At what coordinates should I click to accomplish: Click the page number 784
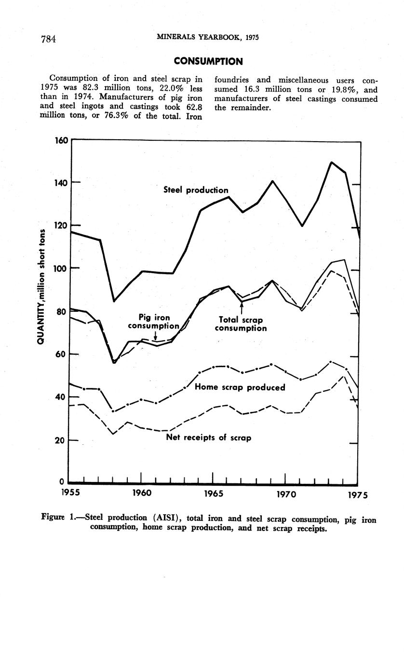[x=48, y=39]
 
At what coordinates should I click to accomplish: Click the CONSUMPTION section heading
[x=208, y=61]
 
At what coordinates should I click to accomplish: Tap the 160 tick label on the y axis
[x=61, y=141]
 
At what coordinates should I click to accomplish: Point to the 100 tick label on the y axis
[x=61, y=268]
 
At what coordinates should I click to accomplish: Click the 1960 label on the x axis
[x=142, y=493]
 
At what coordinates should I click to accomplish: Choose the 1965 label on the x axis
[x=213, y=493]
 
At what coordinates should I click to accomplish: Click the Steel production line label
[x=196, y=190]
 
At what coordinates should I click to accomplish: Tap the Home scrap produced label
[x=240, y=387]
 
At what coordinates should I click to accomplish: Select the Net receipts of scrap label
[x=208, y=438]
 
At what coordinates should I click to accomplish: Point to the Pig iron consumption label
[x=154, y=322]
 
